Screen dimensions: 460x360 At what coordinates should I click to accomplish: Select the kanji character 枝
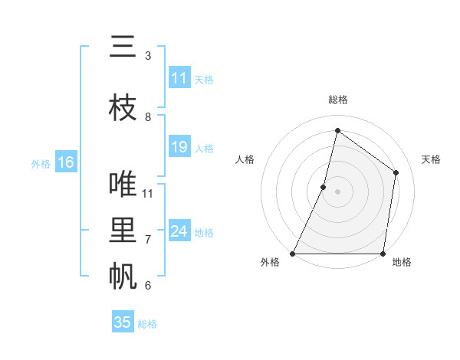[123, 109]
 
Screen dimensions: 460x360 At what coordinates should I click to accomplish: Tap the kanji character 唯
[123, 185]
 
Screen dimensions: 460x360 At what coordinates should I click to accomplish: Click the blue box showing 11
[179, 78]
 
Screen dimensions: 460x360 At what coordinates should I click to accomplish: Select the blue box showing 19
[179, 147]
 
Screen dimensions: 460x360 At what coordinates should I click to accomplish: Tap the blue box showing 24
[179, 231]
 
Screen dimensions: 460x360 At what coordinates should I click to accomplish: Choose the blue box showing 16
[66, 162]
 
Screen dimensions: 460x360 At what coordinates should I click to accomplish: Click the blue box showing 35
[123, 322]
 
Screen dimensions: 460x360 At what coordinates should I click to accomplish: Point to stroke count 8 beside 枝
[148, 117]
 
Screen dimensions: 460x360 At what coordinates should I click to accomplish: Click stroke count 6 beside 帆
[148, 286]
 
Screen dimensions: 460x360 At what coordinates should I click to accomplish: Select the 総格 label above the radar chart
[337, 100]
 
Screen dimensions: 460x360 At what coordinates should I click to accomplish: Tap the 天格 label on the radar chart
[431, 159]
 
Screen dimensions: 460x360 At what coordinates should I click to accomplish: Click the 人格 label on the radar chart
[245, 159]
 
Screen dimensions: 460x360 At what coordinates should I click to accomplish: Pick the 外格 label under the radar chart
[270, 262]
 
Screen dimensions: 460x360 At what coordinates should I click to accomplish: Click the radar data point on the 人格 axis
[324, 187]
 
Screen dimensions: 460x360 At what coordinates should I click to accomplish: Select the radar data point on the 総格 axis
[337, 130]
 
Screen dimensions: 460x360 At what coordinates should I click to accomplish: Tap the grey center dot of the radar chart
[337, 191]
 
